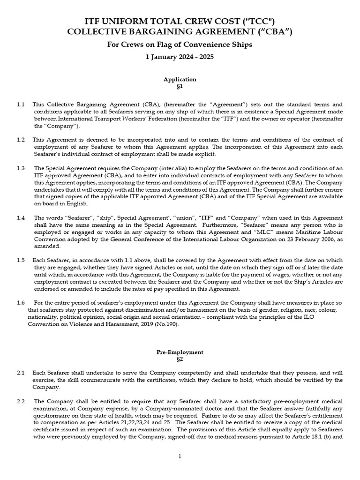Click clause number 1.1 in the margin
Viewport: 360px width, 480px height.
21,104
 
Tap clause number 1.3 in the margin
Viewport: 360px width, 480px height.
21,168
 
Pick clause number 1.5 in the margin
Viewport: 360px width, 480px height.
21,260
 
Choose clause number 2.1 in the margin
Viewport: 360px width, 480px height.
21,372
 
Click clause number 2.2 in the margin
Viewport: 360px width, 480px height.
21,402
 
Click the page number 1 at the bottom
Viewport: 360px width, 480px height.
180,457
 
